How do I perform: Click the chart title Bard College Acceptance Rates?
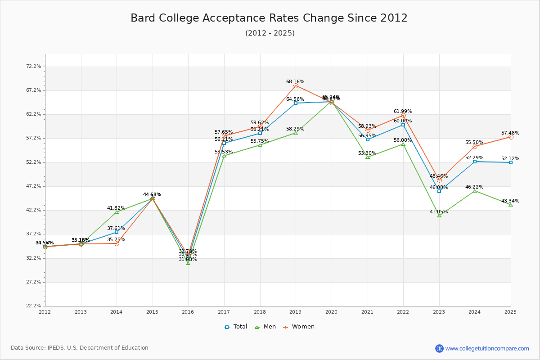coord(269,18)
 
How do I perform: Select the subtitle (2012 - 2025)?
coord(270,33)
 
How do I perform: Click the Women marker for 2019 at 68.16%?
coord(296,85)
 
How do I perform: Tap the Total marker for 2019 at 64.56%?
coord(296,103)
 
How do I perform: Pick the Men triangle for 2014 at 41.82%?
coord(117,212)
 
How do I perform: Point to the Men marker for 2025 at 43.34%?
coord(510,205)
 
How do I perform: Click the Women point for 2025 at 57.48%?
coord(510,137)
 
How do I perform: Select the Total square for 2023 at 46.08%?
coord(439,191)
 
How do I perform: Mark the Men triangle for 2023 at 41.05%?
coord(439,216)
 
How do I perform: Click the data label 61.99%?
coord(403,111)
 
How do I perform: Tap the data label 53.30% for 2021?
coord(367,153)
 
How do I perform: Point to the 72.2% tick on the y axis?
coord(34,66)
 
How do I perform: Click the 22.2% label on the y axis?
coord(34,306)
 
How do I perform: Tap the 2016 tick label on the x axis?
coord(188,311)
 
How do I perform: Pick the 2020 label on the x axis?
coord(331,311)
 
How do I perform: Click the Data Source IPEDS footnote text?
coord(80,348)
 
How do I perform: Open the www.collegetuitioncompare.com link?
coord(487,348)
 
